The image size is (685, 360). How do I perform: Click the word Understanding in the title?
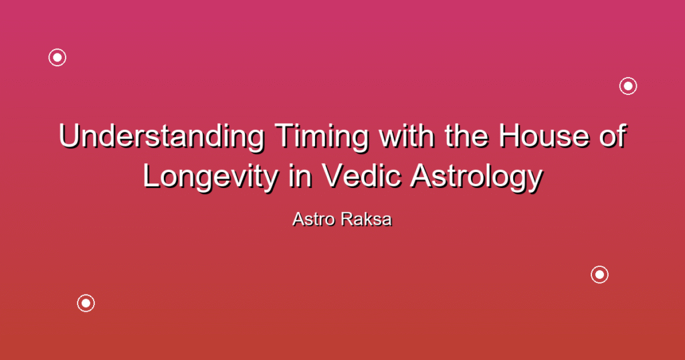(x=162, y=137)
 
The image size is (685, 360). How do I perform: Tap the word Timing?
(x=322, y=137)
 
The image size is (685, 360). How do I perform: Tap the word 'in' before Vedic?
(x=300, y=175)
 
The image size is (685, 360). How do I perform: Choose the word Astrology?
(x=476, y=177)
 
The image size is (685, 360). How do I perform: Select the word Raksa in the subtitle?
(x=367, y=219)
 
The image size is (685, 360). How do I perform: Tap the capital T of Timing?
(x=284, y=135)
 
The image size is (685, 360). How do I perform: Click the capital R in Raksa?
(x=348, y=219)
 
